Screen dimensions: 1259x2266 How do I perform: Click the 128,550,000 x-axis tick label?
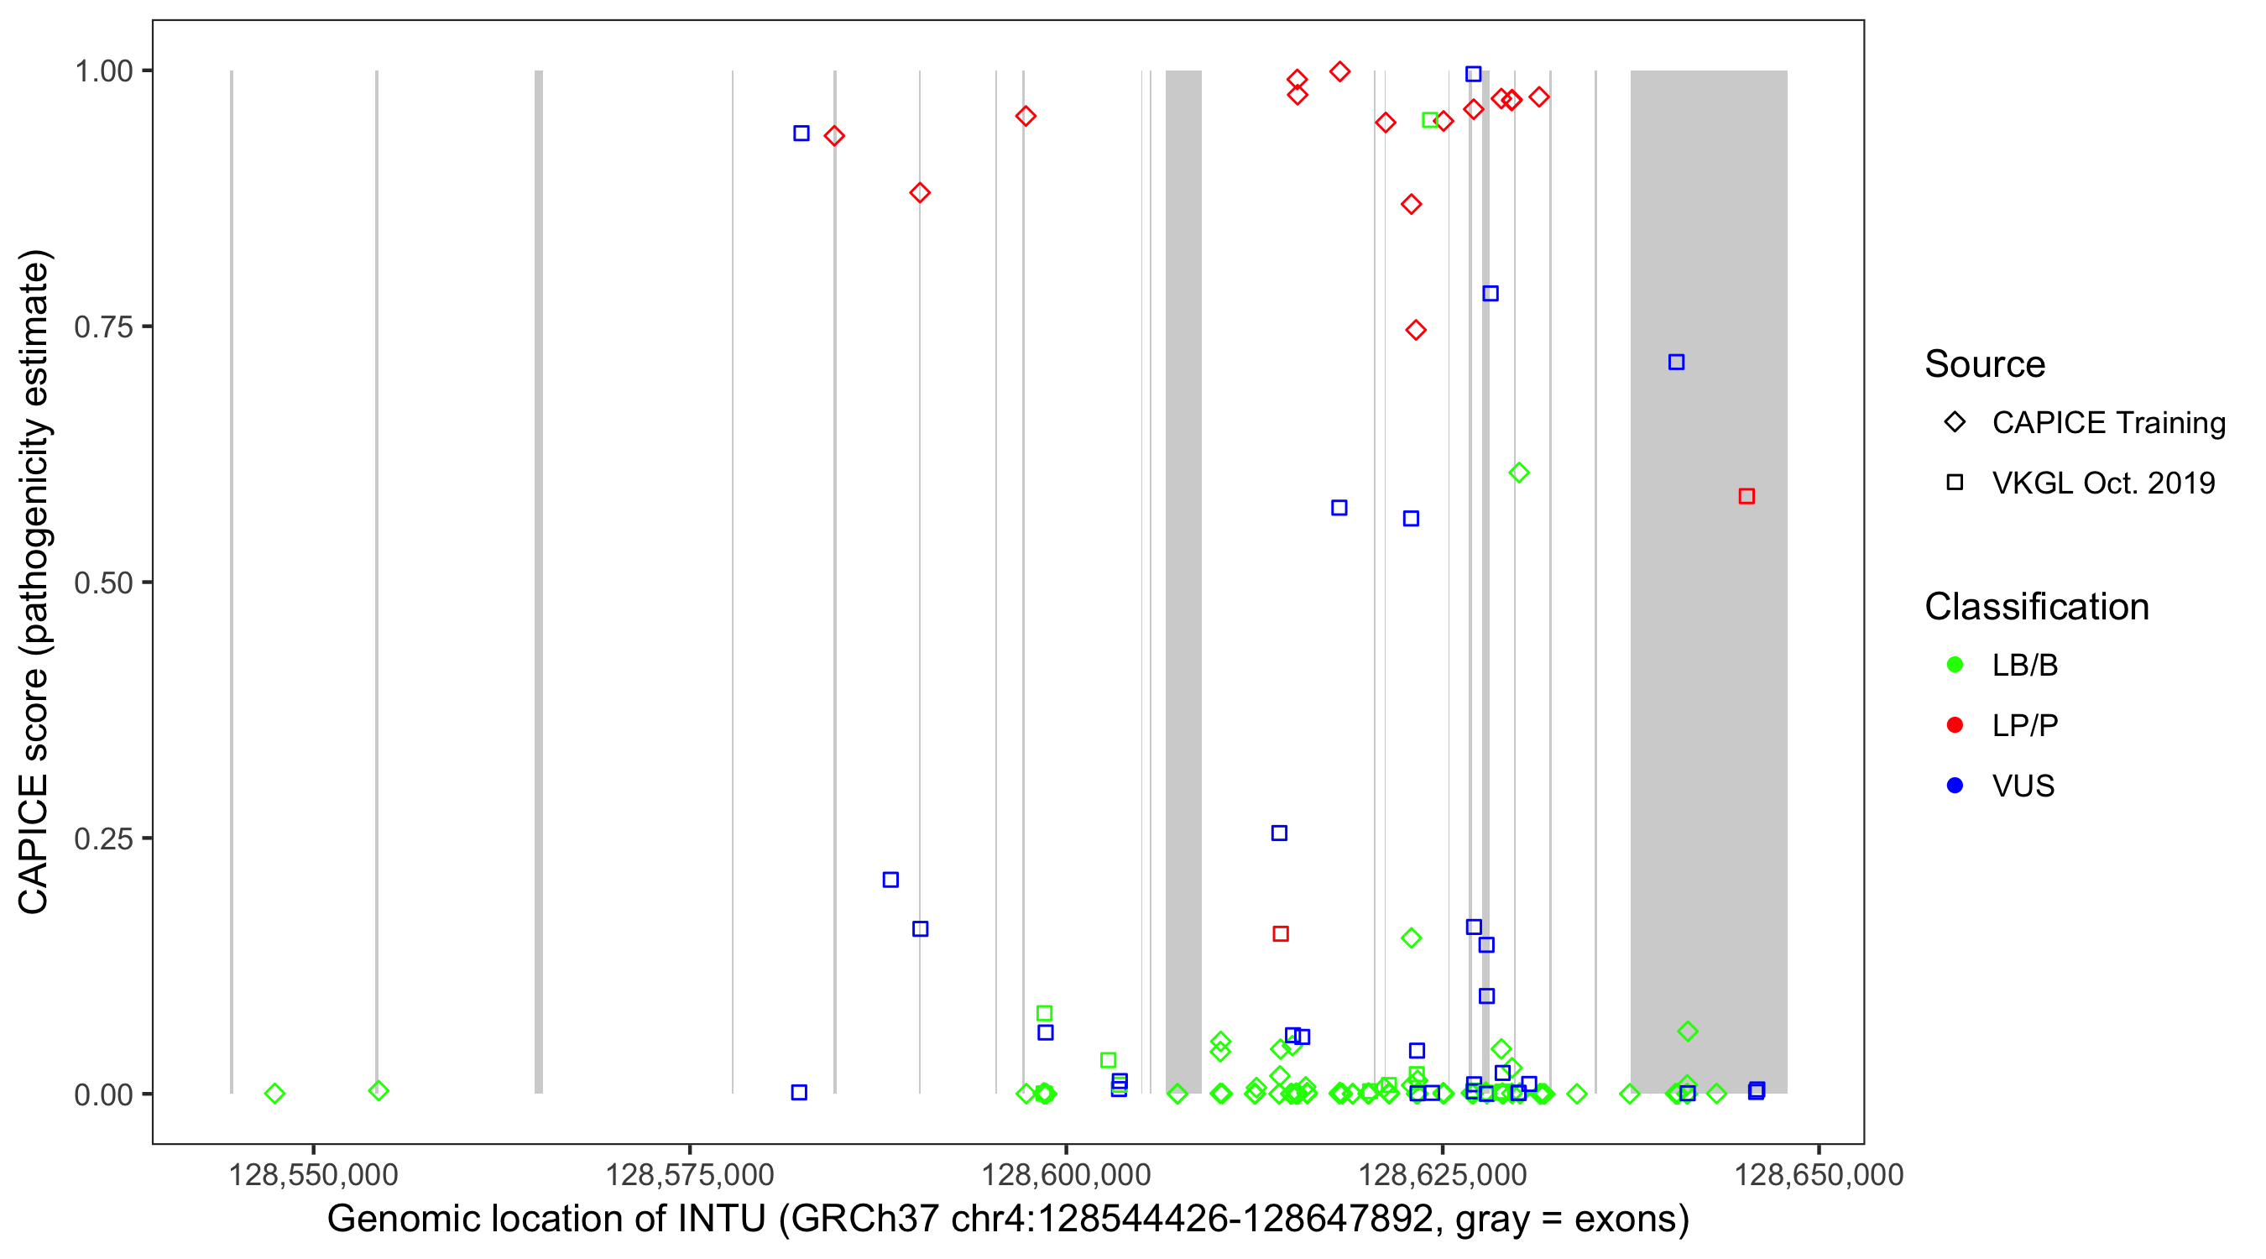tap(313, 1174)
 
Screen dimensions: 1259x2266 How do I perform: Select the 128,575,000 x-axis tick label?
tap(690, 1174)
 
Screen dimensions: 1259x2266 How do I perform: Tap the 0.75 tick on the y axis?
tap(103, 327)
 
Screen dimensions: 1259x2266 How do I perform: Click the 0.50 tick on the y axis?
tap(103, 582)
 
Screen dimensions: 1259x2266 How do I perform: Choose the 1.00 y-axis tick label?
tap(103, 71)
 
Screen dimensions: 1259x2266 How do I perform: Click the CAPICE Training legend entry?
tap(2107, 422)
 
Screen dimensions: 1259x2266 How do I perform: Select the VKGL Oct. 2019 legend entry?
tap(2102, 483)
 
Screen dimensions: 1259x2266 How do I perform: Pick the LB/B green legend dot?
tap(1955, 665)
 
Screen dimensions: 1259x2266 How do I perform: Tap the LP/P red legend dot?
tap(1955, 725)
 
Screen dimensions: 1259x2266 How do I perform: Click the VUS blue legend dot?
tap(1955, 786)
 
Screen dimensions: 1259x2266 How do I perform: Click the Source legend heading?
tap(1985, 364)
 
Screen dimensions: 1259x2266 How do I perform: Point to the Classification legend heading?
tap(2036, 607)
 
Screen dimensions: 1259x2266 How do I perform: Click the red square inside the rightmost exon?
tap(1746, 496)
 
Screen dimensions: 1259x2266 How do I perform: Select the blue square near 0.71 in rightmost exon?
tap(1676, 363)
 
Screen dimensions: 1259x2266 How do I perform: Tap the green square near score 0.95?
tap(1429, 120)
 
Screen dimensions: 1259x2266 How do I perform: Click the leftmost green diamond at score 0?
tap(274, 1094)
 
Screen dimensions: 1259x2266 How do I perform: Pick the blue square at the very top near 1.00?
tap(1474, 74)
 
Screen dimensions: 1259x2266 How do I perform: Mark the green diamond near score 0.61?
tap(1518, 473)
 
